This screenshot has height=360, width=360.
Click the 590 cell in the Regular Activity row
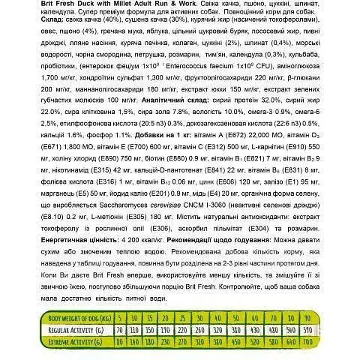(343, 330)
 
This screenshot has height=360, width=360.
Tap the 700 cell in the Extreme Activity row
(343, 343)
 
